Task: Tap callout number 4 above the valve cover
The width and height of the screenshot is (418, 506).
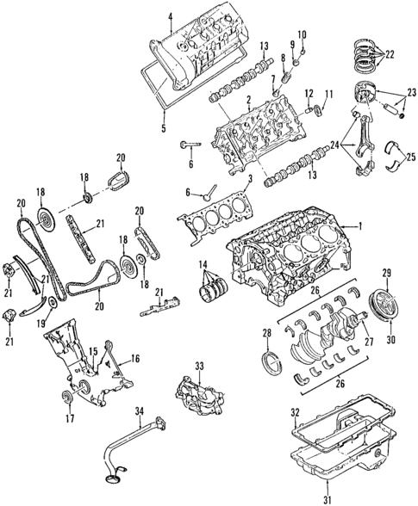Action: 171,15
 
